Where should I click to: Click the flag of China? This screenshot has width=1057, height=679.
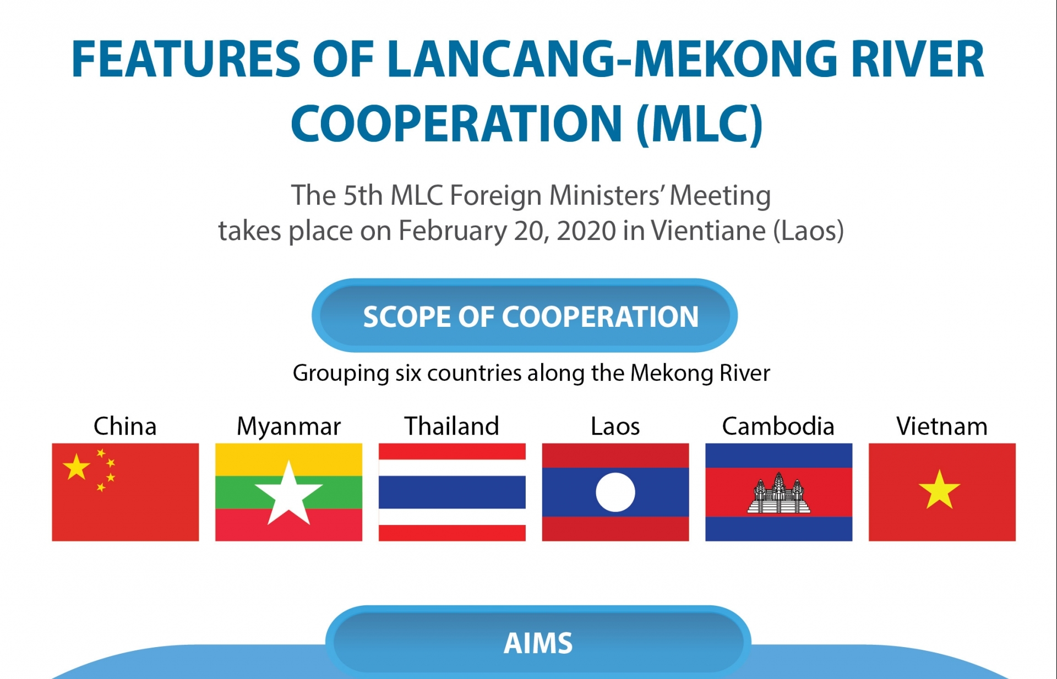(126, 492)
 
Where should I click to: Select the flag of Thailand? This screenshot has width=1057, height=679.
(452, 492)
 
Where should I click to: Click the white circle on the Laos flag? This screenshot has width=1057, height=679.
(615, 492)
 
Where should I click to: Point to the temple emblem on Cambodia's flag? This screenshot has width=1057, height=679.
(778, 493)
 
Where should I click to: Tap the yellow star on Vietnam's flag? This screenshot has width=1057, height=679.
(939, 489)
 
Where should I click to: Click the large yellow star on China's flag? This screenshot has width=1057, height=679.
(76, 467)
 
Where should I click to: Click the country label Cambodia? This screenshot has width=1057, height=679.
(778, 426)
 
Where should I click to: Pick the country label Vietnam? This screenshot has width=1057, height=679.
(942, 426)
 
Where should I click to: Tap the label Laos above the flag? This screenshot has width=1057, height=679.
(615, 426)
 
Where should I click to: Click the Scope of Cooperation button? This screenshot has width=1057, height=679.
(525, 315)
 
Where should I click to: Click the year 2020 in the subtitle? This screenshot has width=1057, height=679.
(586, 231)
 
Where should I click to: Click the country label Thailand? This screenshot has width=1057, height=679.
(451, 426)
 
